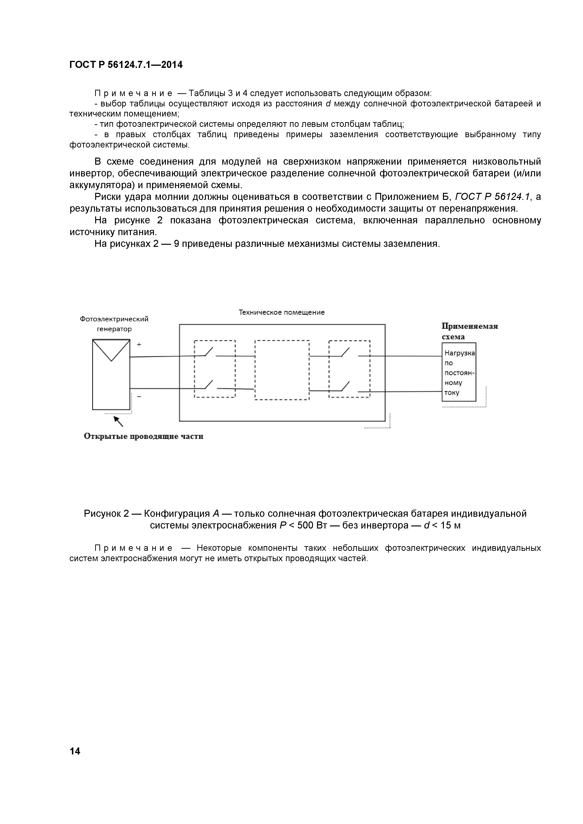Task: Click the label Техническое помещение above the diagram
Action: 282,312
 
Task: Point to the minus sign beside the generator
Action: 139,396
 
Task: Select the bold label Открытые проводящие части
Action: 143,436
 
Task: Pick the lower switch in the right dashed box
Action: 345,387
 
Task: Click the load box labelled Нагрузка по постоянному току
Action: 459,372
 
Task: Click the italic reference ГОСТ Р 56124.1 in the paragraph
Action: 492,197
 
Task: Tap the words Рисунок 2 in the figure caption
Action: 106,513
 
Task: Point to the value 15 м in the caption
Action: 450,525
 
